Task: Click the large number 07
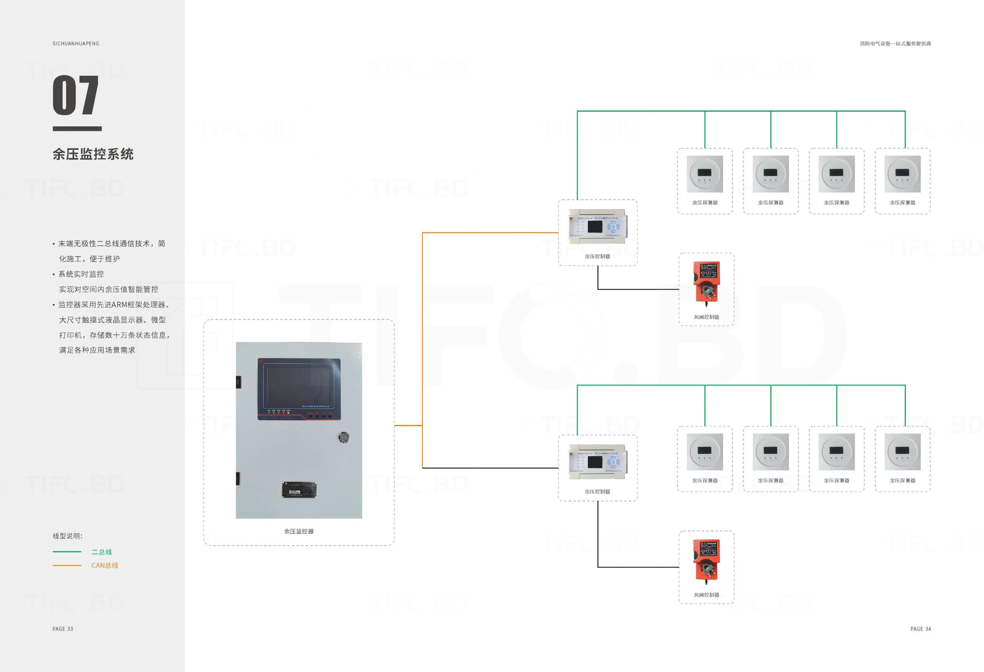coord(75,95)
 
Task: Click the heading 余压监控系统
coord(93,154)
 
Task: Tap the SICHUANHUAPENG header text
coord(76,44)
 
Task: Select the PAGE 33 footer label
coord(63,629)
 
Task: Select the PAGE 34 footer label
coord(920,629)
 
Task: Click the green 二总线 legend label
coord(102,552)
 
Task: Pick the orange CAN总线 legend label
coord(105,565)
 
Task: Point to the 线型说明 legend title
coord(67,536)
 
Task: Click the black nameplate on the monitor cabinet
coord(299,490)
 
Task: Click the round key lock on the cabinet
coord(344,437)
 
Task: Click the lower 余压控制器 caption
coord(597,492)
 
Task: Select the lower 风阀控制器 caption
coord(706,595)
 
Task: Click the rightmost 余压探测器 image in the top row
coord(902,174)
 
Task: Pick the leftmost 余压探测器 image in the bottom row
coord(705,452)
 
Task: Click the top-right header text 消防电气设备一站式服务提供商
coord(895,44)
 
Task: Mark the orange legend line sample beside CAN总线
coord(67,565)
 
